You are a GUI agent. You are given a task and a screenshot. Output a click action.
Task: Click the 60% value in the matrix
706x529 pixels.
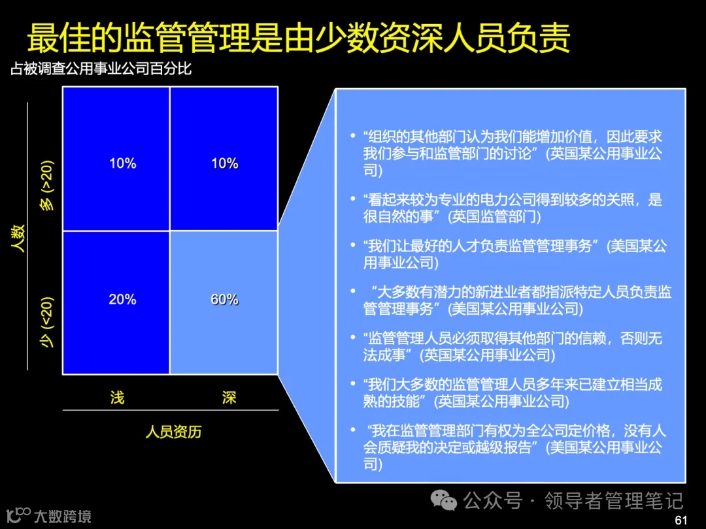224,300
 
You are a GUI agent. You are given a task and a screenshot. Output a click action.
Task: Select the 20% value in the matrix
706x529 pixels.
122,300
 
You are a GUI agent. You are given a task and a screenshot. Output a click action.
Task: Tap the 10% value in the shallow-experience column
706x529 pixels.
122,163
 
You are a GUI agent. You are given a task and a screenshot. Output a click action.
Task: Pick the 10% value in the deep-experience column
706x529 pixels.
224,163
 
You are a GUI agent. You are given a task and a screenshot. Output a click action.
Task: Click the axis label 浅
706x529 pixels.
117,397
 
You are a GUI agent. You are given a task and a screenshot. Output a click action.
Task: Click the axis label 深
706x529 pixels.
229,397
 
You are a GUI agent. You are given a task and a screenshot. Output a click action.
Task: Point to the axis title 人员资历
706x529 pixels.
173,432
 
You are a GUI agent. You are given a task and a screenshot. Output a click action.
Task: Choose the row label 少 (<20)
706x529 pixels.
48,322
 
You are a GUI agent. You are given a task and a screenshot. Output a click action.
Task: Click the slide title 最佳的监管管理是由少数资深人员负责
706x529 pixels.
298,38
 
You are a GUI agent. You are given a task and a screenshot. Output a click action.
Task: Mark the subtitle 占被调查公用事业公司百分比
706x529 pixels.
101,68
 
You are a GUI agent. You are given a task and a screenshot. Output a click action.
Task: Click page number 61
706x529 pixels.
681,520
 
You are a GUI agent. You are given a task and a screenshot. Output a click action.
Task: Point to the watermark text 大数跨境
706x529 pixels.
62,517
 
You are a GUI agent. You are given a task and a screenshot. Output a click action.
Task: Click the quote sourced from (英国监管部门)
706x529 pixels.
513,207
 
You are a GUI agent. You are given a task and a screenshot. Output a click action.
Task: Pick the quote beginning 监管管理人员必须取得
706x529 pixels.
513,346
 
